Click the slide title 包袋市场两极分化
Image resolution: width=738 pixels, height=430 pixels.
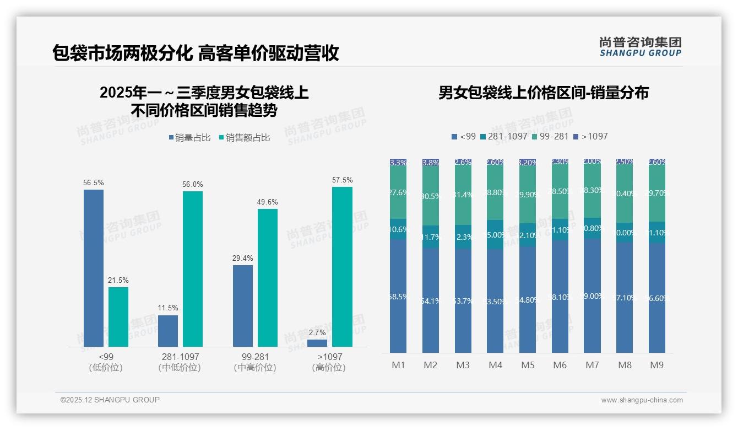tap(121, 53)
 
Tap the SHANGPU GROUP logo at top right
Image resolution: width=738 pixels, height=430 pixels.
tap(640, 47)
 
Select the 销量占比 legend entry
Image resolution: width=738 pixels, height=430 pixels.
tap(189, 138)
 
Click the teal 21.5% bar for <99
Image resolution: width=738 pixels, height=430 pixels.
tap(118, 316)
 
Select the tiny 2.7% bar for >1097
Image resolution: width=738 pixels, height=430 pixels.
tap(317, 343)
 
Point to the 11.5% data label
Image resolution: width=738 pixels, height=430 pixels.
tap(168, 308)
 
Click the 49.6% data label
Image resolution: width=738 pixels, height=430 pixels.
tap(268, 202)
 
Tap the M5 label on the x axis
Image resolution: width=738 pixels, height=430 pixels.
tap(528, 365)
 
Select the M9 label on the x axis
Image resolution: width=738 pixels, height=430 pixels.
tap(656, 365)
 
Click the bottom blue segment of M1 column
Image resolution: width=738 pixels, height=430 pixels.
tap(398, 296)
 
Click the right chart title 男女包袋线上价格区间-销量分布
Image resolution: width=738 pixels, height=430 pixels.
tap(543, 93)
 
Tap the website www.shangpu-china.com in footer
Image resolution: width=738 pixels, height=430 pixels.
tap(642, 400)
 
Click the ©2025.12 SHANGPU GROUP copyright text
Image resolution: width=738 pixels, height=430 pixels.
tap(110, 400)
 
